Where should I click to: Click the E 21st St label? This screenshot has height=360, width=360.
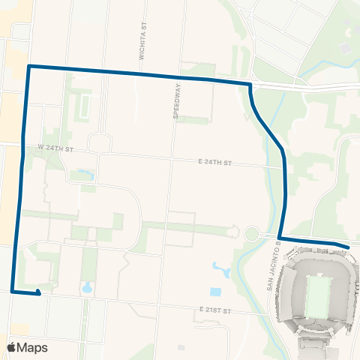coord(217,310)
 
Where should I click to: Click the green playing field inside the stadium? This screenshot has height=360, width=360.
coord(317,295)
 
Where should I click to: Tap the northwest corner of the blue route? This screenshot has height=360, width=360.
coord(28,67)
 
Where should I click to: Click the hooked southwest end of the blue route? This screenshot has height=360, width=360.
coord(37,293)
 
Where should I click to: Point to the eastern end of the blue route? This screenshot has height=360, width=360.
coord(348,246)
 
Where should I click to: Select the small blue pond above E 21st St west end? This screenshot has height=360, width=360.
coord(86,286)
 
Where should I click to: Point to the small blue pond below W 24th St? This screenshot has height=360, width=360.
coord(81,176)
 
